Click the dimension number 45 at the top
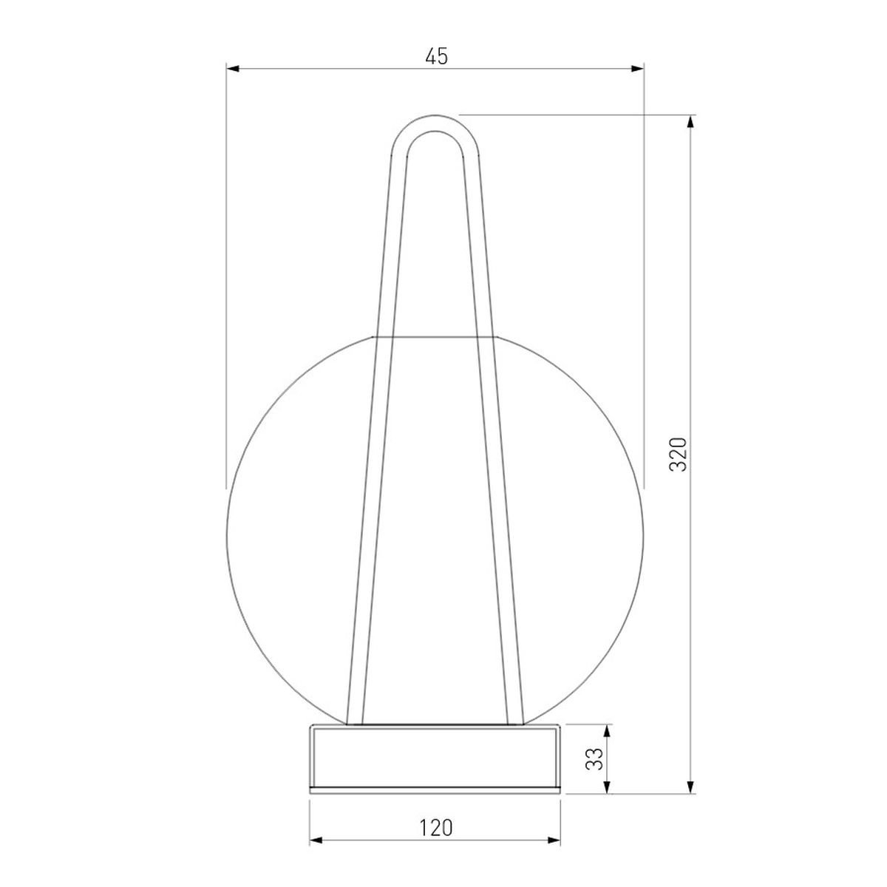tap(436, 56)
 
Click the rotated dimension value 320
tap(678, 454)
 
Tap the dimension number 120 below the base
tap(435, 828)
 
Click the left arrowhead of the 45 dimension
tap(232, 69)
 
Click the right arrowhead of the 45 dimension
tap(637, 69)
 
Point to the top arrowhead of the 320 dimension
tap(690, 121)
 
